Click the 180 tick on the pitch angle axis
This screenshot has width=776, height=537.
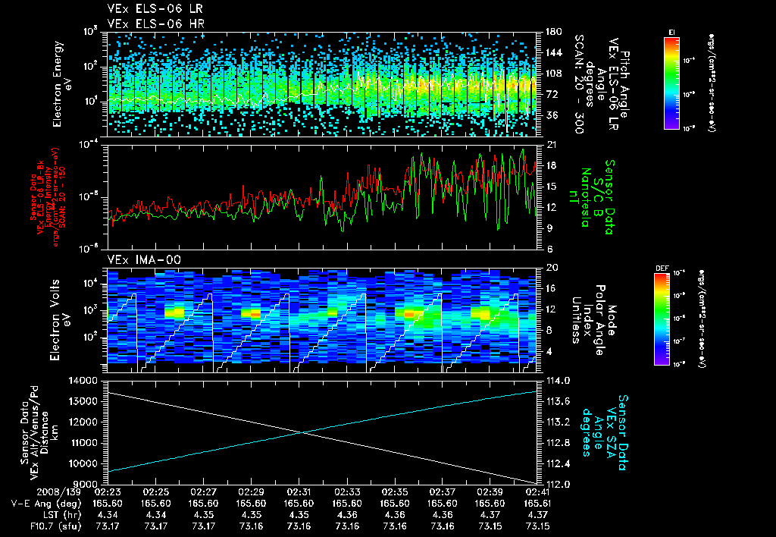click(548, 32)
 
